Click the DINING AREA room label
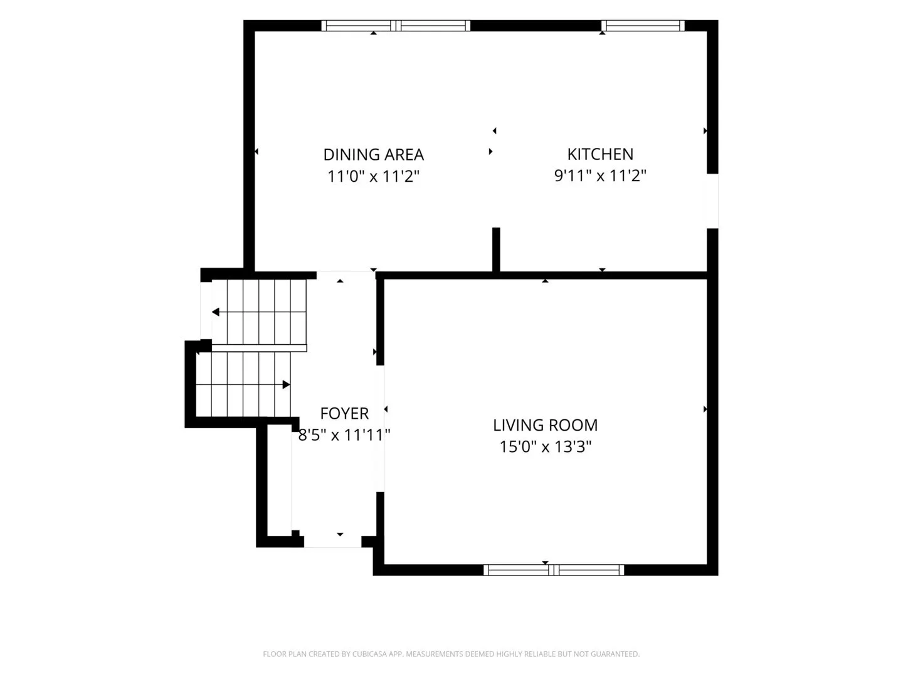(373, 155)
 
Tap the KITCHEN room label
(600, 154)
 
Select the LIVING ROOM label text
(545, 425)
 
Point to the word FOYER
(344, 414)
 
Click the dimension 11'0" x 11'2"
(373, 176)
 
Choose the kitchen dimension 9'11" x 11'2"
(600, 176)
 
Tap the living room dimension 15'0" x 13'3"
(545, 446)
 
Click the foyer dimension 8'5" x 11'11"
(344, 435)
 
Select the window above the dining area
(395, 26)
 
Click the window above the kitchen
(643, 26)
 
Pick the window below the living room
(553, 570)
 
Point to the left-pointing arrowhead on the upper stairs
(216, 312)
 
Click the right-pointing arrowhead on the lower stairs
(287, 385)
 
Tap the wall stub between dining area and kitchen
(496, 249)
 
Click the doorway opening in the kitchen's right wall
(712, 201)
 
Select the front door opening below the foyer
(333, 542)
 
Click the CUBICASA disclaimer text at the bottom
(451, 654)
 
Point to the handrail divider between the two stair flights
(259, 348)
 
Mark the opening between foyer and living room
(381, 428)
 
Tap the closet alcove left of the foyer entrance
(279, 480)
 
